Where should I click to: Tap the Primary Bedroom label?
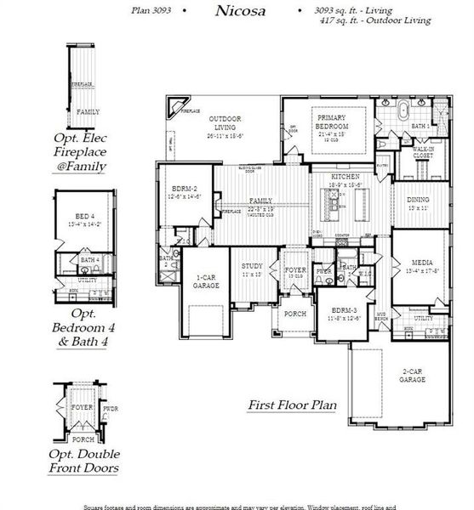tap(331, 119)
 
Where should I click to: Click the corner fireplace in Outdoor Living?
tap(177, 106)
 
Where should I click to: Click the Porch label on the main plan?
tap(294, 313)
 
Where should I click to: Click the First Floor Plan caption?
tap(292, 406)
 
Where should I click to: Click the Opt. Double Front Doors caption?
tap(83, 460)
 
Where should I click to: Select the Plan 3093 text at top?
tap(153, 9)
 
